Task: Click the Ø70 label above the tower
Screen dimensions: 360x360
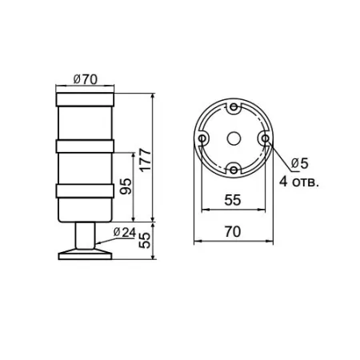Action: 85,80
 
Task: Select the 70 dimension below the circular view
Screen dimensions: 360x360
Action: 232,231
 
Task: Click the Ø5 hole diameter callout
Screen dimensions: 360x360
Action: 299,163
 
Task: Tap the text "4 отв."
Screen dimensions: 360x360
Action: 299,182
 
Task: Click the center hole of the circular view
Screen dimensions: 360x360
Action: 232,138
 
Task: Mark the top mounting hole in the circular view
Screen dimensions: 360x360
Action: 232,108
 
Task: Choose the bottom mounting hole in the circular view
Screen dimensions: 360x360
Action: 232,169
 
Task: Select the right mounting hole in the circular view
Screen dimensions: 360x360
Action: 262,138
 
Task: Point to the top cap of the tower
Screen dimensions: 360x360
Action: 85,100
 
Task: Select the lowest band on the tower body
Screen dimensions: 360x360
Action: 85,191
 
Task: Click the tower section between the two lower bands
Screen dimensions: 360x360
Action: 85,169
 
